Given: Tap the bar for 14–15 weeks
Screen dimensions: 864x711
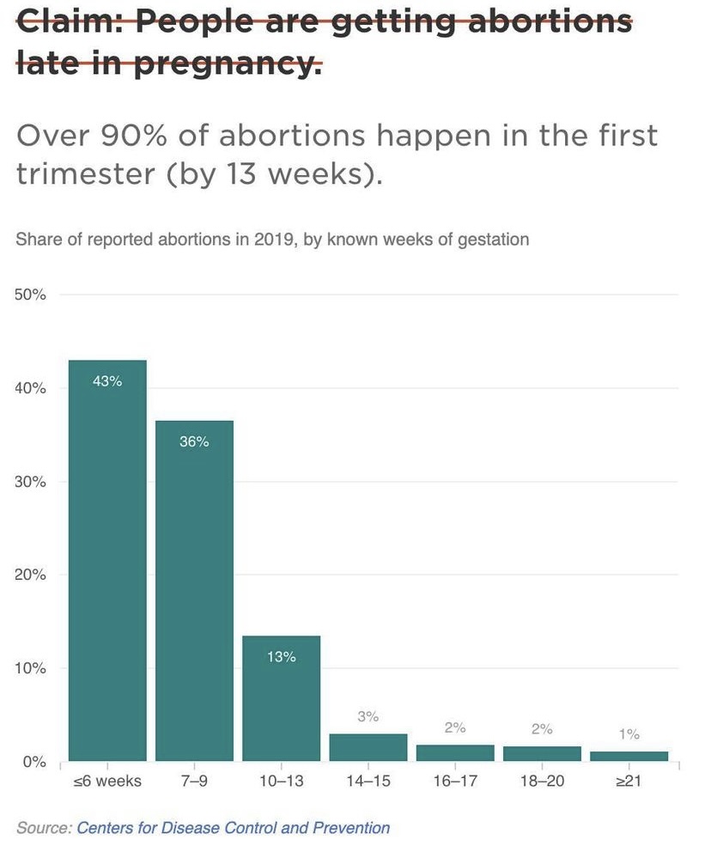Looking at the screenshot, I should click(x=368, y=747).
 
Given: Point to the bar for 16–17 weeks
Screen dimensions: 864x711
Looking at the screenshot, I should click(x=455, y=752).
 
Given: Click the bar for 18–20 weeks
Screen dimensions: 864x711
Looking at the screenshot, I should click(x=542, y=753).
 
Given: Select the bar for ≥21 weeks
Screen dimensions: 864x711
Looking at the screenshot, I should click(x=629, y=756).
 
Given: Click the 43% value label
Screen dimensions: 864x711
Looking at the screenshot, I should click(x=107, y=381).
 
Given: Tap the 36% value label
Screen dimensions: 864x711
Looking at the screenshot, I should click(x=194, y=442).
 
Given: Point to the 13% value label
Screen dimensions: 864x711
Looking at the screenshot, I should click(x=281, y=657).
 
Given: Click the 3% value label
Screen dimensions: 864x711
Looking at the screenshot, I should click(x=368, y=716).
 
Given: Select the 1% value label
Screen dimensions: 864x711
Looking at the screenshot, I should click(x=629, y=734).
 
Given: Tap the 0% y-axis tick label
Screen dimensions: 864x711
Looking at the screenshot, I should click(x=33, y=761).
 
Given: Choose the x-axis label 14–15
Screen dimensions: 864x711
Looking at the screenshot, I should click(x=368, y=782).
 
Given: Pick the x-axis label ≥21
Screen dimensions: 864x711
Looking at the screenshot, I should click(x=629, y=782).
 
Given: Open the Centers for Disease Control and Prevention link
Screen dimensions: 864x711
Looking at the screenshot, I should click(x=233, y=828).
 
